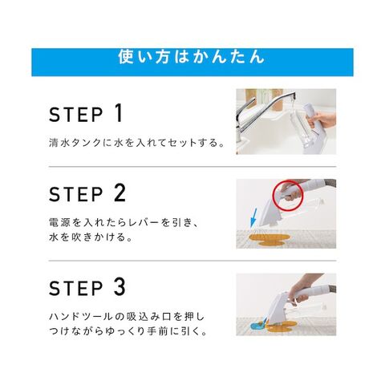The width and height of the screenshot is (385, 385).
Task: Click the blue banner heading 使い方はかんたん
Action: (192, 57)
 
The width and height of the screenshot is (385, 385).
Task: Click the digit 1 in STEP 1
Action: (119, 113)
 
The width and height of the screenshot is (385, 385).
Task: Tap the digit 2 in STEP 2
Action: (120, 193)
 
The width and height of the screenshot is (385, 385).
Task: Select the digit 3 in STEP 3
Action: (120, 287)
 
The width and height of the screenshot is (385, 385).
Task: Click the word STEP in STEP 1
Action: (76, 115)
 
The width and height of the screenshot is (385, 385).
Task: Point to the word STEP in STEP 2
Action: (76, 194)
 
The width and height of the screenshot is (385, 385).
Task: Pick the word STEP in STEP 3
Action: (76, 288)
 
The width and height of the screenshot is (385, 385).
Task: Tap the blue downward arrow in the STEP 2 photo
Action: (253, 218)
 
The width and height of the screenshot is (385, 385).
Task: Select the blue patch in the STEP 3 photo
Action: (258, 325)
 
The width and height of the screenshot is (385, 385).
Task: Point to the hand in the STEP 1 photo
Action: (322, 120)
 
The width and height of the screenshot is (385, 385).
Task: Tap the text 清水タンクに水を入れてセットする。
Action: (136, 143)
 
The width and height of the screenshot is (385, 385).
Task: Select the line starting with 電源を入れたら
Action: (124, 222)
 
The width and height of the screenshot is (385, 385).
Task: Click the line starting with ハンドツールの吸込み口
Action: (127, 317)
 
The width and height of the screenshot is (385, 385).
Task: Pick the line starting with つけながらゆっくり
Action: (128, 331)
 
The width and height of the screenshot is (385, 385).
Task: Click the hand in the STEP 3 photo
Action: (302, 289)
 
